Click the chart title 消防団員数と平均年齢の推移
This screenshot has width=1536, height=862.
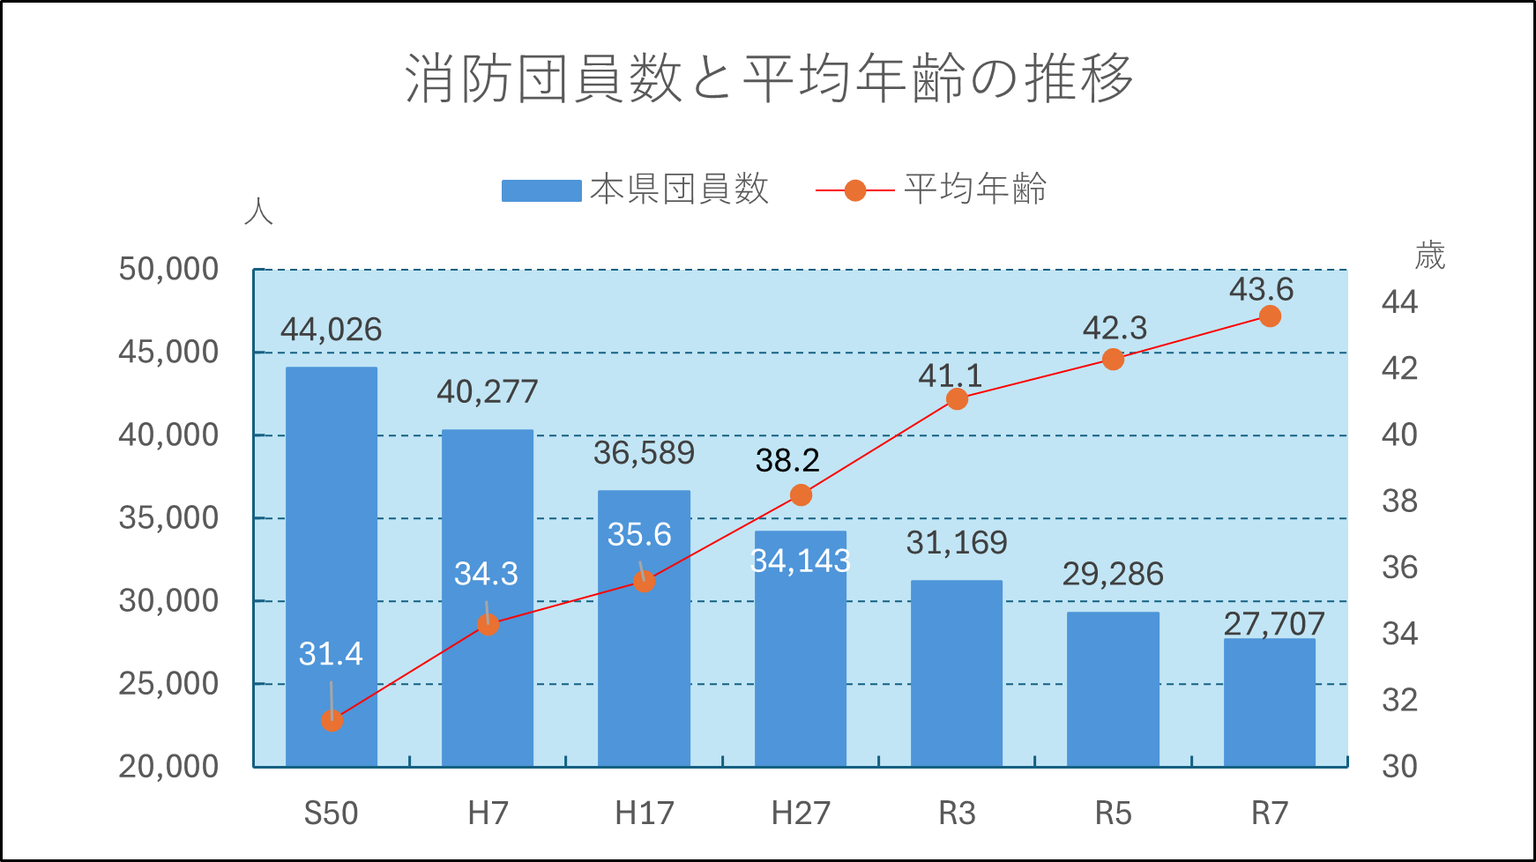click(x=769, y=78)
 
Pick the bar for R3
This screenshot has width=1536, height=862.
click(x=957, y=673)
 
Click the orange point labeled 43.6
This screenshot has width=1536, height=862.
click(x=1270, y=316)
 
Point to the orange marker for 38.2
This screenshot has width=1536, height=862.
click(x=801, y=495)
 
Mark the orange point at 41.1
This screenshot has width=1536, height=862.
click(x=957, y=399)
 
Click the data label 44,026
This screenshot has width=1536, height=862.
click(x=332, y=330)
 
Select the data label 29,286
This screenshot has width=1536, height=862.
click(x=1113, y=574)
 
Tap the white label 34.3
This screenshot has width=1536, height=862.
click(x=486, y=574)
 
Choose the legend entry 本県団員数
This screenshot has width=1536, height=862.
click(x=635, y=189)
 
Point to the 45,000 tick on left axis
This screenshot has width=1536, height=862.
click(x=168, y=352)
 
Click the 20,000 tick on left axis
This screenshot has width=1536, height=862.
click(x=168, y=766)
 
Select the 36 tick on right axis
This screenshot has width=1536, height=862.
click(x=1399, y=567)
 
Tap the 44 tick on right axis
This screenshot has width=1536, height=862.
click(x=1399, y=302)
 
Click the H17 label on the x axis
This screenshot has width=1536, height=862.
click(x=645, y=813)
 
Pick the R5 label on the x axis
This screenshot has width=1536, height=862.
click(x=1113, y=813)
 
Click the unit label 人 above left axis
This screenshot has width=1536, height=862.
click(x=258, y=212)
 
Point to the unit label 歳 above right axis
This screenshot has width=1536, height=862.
click(x=1429, y=256)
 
